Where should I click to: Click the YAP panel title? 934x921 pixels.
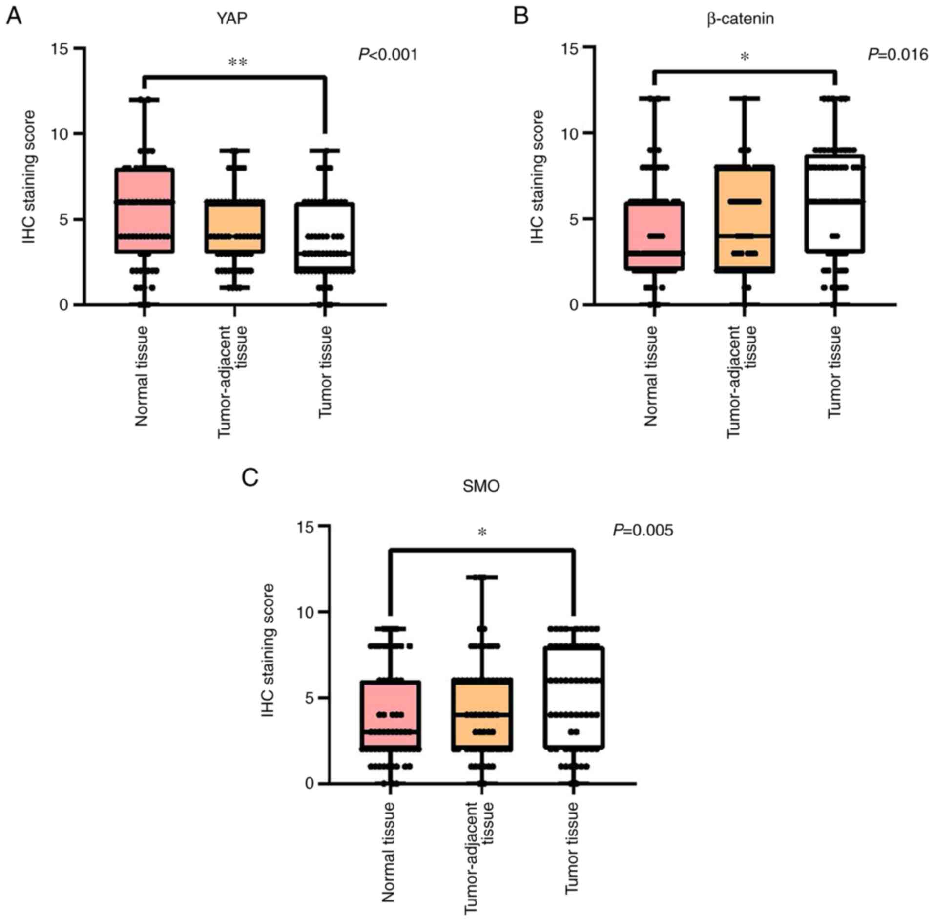(232, 19)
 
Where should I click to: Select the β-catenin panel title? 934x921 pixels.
(740, 19)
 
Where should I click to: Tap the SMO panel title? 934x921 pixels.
(481, 486)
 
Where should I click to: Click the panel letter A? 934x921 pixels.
(13, 17)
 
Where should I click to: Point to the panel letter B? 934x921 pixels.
(521, 17)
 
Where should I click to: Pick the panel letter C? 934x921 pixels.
(250, 477)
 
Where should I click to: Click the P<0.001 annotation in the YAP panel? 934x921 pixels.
(388, 54)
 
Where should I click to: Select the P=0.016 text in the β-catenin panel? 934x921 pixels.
(897, 54)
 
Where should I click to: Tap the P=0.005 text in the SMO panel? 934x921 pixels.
(643, 530)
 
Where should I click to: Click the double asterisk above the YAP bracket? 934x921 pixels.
(238, 63)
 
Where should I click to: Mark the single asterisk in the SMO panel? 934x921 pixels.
(482, 533)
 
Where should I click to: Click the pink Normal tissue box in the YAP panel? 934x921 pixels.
(145, 210)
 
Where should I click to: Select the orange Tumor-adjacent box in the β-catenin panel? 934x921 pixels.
(745, 218)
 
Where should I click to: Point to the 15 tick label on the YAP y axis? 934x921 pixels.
(61, 49)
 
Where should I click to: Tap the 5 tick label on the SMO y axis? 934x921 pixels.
(309, 697)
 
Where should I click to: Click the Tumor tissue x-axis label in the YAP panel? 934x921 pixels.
(326, 372)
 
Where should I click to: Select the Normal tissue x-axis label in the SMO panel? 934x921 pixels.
(388, 853)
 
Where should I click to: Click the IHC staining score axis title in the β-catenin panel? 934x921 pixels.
(537, 177)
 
